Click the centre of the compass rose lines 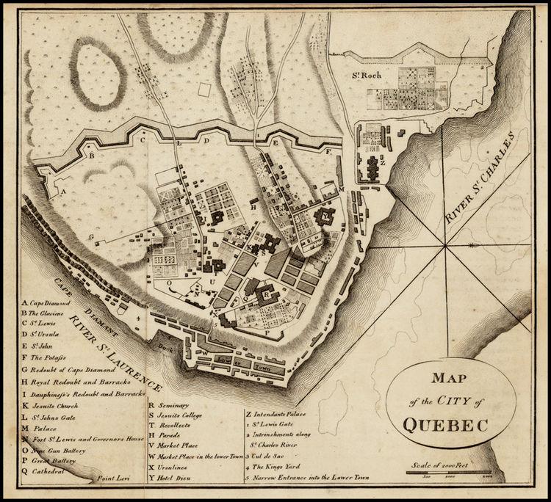445,249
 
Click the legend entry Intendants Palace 275,414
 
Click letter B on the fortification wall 92,156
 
